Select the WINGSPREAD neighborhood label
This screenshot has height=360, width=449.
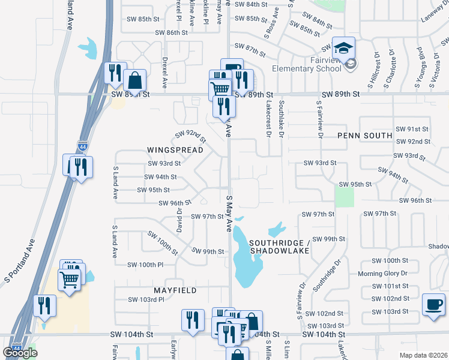tap(171, 149)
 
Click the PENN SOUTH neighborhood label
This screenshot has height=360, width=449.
tap(364, 136)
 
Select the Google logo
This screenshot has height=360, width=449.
tap(20, 352)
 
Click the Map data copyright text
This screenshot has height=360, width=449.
tap(423, 355)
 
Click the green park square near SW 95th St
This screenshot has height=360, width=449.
tap(345, 197)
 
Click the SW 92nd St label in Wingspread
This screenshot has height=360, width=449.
tap(190, 137)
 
